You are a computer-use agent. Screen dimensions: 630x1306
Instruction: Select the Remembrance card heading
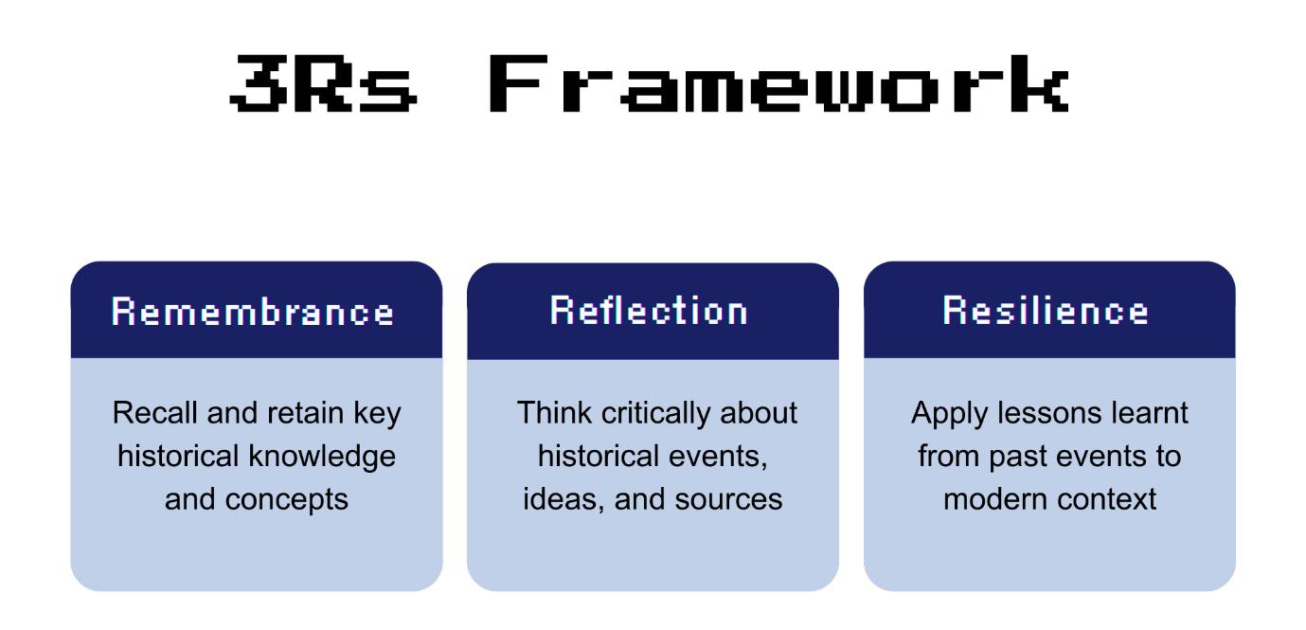coord(254,312)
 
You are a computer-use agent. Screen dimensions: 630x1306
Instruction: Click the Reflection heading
coord(649,312)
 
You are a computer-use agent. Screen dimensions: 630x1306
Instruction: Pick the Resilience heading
coord(1047,312)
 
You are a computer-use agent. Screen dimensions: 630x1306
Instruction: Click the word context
coord(1112,498)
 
